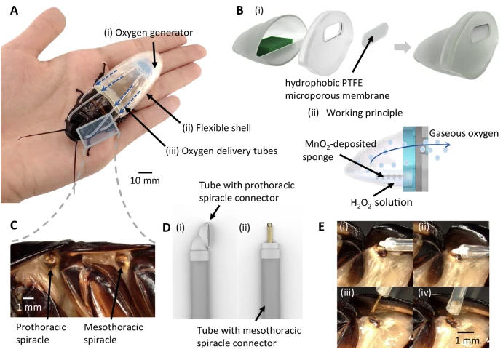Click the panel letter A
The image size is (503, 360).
[14, 11]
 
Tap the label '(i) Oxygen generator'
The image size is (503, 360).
[148, 33]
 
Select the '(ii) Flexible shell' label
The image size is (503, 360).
[217, 128]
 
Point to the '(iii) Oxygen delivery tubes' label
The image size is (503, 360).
[221, 151]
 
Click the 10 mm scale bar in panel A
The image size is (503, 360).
[146, 172]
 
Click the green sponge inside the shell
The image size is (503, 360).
[274, 46]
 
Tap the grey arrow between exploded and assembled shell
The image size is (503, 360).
[403, 47]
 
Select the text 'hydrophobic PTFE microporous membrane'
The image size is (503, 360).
[338, 89]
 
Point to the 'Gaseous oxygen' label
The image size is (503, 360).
[464, 133]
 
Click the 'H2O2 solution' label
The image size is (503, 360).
[381, 203]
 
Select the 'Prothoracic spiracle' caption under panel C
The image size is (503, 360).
[41, 333]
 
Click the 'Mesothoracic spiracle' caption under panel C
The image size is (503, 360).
[114, 333]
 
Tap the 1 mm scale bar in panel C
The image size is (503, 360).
[28, 298]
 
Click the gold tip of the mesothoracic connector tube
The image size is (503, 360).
[270, 233]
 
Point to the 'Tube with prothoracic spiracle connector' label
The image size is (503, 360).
[247, 192]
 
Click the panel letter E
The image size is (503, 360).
[321, 227]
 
